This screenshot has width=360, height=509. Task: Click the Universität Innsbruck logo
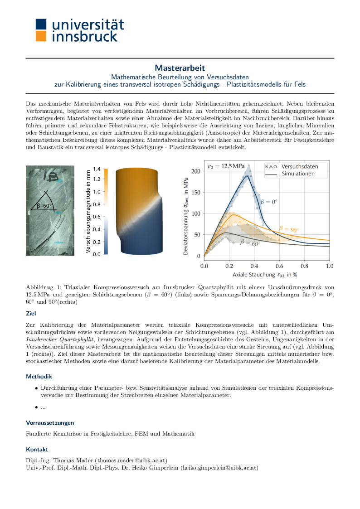(x=80, y=30)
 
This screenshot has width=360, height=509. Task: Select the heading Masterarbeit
(x=180, y=68)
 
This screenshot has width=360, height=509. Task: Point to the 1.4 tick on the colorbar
(x=97, y=169)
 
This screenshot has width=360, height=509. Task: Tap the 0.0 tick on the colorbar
(x=97, y=254)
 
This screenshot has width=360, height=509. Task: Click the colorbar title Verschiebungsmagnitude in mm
(x=89, y=212)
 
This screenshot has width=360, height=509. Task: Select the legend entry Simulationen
(x=298, y=174)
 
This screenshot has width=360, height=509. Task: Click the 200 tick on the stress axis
(x=195, y=171)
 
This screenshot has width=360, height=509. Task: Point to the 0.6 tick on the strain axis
(x=279, y=265)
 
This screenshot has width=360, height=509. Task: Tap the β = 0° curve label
(x=268, y=202)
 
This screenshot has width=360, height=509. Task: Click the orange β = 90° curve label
(x=289, y=229)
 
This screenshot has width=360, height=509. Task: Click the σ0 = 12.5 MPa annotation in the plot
(x=225, y=167)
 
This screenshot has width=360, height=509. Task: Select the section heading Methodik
(x=39, y=376)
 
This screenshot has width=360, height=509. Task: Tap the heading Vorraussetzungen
(x=50, y=422)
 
